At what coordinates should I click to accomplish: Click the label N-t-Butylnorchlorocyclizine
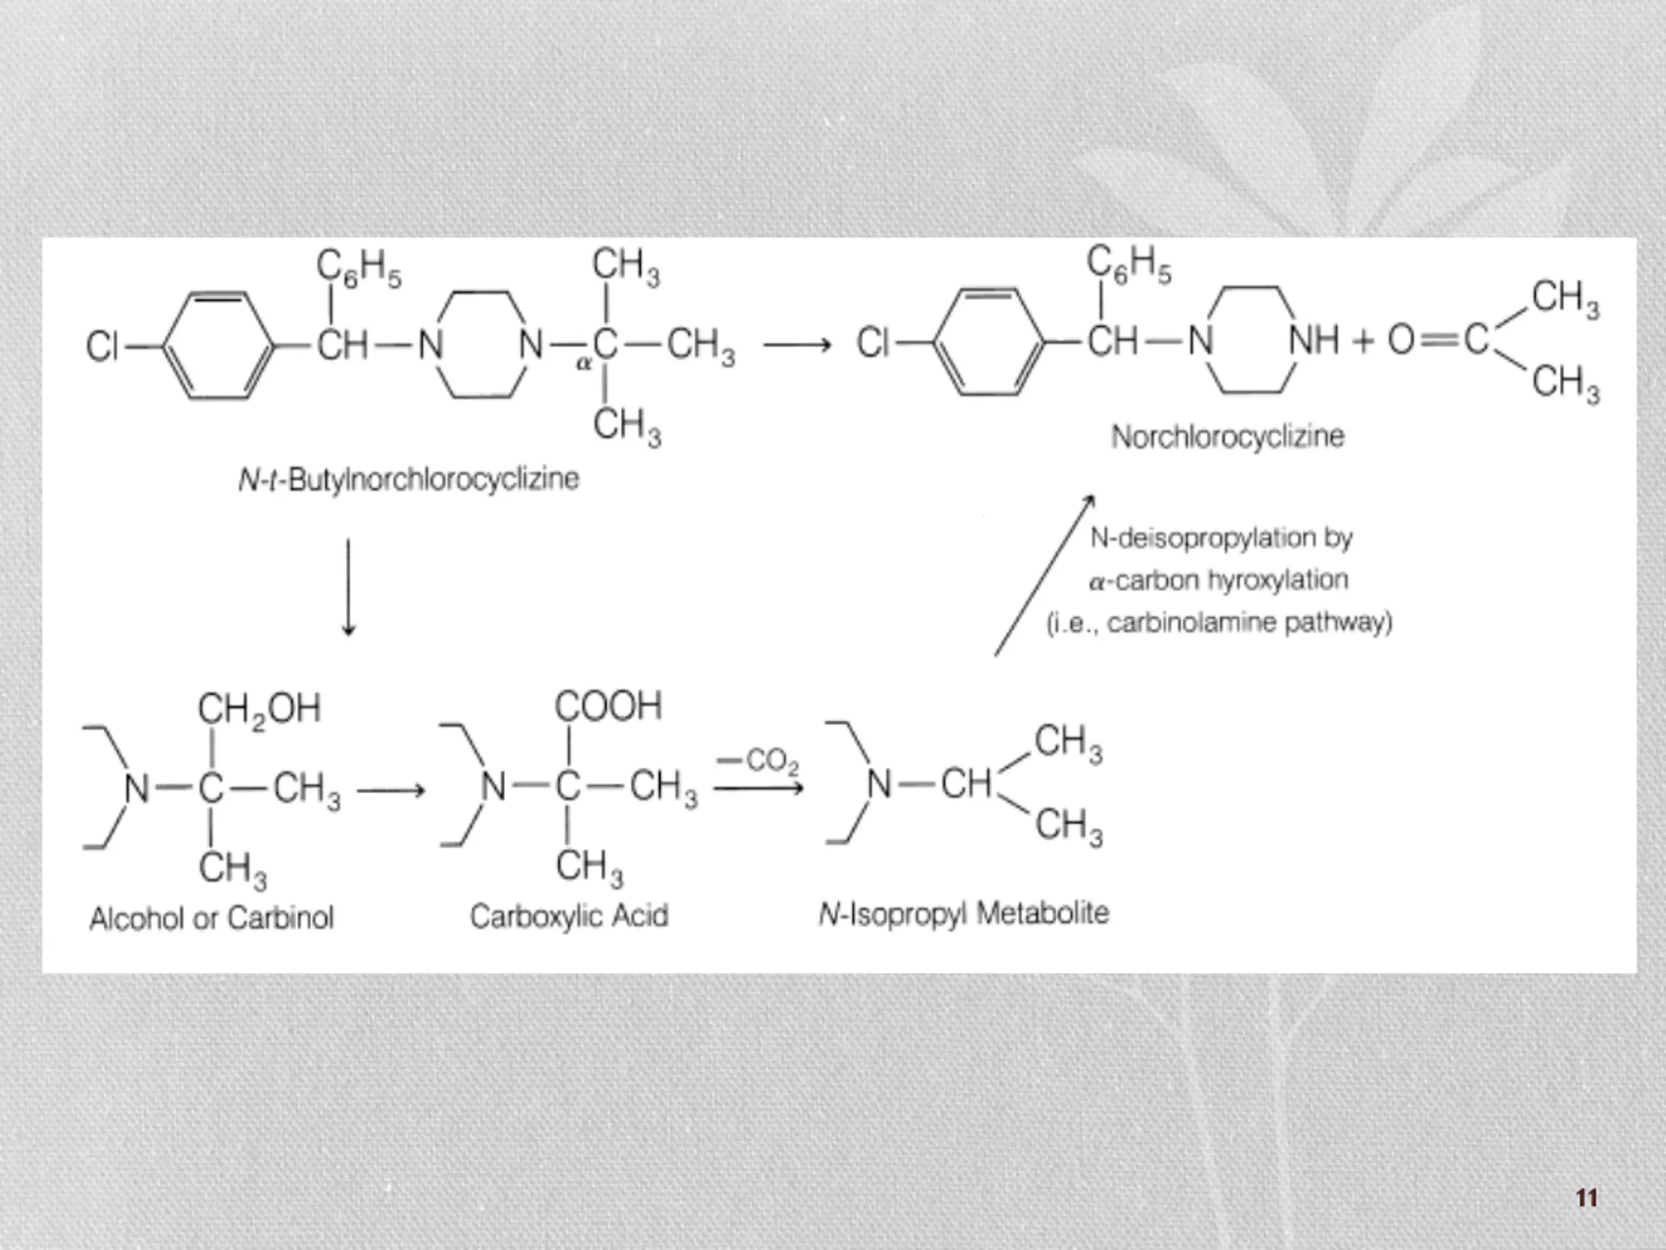pos(408,479)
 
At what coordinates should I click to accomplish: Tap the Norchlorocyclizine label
pos(1227,437)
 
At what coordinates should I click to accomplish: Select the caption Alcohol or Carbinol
pos(212,919)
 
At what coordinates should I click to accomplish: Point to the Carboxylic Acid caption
pos(569,916)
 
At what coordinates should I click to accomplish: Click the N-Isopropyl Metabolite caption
pos(964,914)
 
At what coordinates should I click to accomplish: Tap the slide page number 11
pos(1587,1197)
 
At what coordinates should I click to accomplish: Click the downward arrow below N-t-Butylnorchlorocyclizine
pos(348,587)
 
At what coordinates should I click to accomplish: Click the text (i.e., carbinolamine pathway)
pos(1220,623)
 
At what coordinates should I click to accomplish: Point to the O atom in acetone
pos(1401,340)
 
